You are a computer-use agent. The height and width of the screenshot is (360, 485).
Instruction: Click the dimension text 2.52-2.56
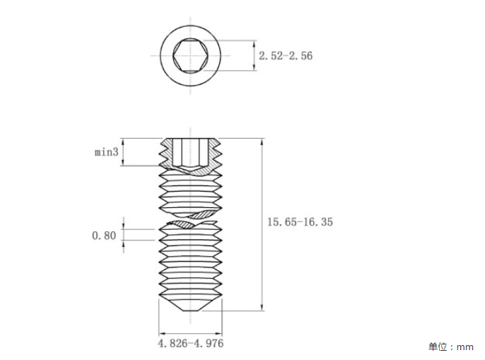pos(286,56)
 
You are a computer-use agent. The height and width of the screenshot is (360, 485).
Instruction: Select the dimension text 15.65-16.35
pos(300,222)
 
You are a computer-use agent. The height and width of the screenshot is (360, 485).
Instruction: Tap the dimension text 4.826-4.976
pos(191,343)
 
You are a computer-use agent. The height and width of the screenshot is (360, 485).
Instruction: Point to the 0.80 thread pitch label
pos(104,236)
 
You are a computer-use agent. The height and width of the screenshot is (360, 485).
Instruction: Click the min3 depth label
pos(106,152)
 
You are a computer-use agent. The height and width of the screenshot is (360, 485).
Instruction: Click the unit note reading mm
pos(465,347)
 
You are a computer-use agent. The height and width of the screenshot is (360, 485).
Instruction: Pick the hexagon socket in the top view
pos(190,56)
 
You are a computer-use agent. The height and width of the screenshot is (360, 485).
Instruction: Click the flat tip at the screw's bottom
pos(191,310)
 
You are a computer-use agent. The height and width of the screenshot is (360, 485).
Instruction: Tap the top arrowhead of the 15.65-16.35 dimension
pos(262,142)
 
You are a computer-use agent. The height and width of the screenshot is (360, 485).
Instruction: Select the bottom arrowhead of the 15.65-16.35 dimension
pos(262,307)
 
